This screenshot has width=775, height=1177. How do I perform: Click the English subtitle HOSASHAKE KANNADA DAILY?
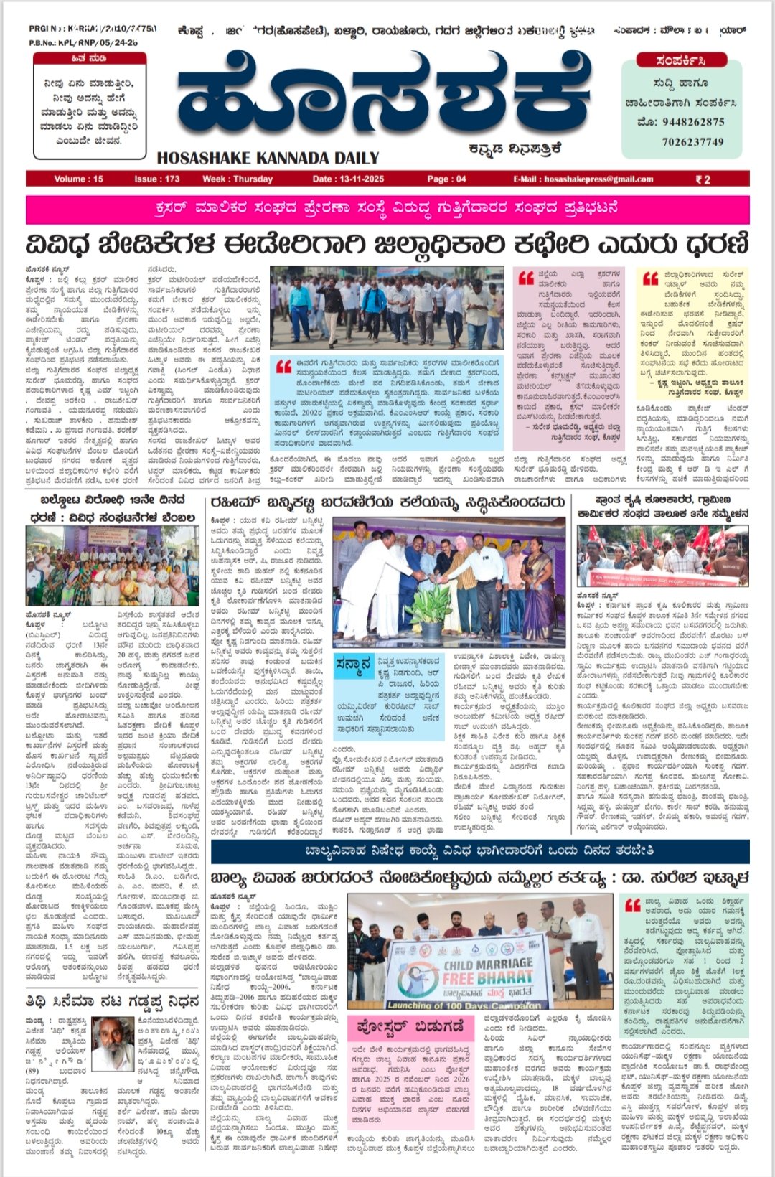268,158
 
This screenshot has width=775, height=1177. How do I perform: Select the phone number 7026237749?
692,141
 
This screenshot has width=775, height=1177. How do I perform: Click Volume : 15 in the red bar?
78,179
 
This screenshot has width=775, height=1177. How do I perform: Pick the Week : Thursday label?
238,179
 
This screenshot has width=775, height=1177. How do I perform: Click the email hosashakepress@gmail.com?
583,179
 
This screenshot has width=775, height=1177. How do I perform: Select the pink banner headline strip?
387,209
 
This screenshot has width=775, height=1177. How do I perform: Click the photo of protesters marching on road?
387,308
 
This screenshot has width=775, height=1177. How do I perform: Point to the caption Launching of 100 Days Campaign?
464,1005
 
